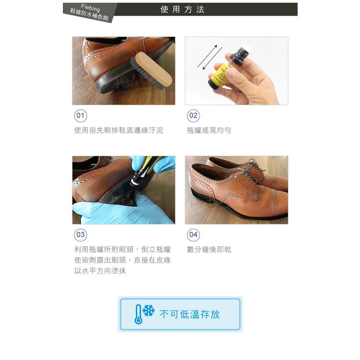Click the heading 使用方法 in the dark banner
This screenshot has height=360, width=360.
point(182,10)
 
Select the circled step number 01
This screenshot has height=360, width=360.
point(80,116)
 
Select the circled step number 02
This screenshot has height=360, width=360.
point(193,116)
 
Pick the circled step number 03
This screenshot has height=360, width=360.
point(80,235)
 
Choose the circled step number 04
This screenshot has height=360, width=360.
point(193,235)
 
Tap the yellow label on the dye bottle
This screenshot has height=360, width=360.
point(222,77)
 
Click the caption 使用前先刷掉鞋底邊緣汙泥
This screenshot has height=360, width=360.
point(119,130)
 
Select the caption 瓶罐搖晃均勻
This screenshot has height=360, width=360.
point(209,130)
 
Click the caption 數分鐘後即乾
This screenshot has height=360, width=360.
point(209,249)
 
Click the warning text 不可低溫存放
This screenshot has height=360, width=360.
point(190,314)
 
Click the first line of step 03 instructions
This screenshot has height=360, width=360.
point(122,249)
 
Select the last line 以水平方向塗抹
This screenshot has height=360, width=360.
point(100,271)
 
